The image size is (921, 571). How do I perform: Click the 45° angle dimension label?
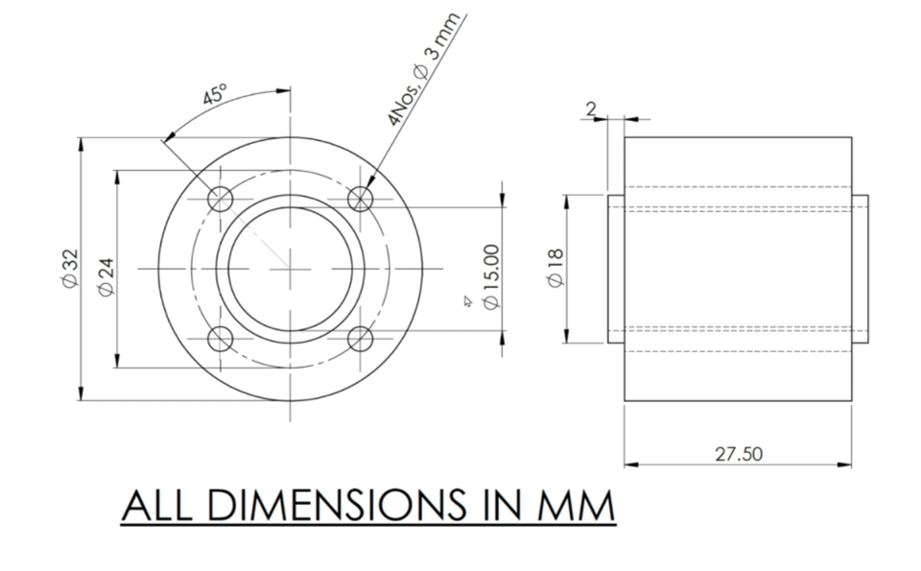[x=214, y=96]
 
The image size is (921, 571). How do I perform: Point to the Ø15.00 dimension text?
[x=491, y=275]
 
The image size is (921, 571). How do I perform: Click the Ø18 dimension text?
[x=554, y=266]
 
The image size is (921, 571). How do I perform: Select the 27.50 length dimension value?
[x=739, y=453]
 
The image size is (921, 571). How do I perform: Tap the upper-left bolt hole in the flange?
[x=221, y=199]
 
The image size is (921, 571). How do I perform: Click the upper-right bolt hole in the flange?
[x=360, y=199]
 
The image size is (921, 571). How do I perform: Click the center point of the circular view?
[x=290, y=269]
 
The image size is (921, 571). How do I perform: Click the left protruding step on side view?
[x=616, y=269]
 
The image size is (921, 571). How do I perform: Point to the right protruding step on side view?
[x=860, y=269]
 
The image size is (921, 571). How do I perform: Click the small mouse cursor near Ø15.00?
[x=467, y=301]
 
